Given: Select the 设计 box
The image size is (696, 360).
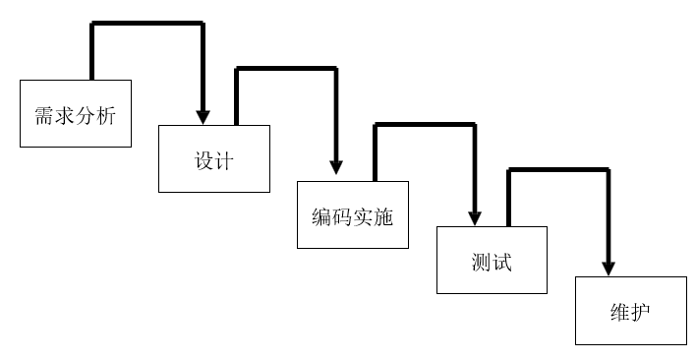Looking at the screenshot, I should (213, 157).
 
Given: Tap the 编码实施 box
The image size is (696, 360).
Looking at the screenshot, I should (353, 213).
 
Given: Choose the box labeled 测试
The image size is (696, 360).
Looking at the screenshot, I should (492, 260).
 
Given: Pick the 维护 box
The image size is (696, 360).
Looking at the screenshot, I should (630, 311).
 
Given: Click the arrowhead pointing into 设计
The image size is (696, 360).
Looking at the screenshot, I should (203, 115).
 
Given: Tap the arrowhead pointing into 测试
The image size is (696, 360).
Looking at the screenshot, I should (476, 215).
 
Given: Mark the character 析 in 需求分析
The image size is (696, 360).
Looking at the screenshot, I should (106, 116).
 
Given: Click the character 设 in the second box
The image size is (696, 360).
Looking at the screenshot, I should (203, 160).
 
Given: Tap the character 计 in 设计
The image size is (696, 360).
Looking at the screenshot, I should (224, 160).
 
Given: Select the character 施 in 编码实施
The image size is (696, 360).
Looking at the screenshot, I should (383, 215).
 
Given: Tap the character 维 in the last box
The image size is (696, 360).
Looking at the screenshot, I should (619, 313).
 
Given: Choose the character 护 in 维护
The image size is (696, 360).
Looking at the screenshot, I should (641, 313).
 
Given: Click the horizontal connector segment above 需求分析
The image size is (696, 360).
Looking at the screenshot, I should (147, 25).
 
